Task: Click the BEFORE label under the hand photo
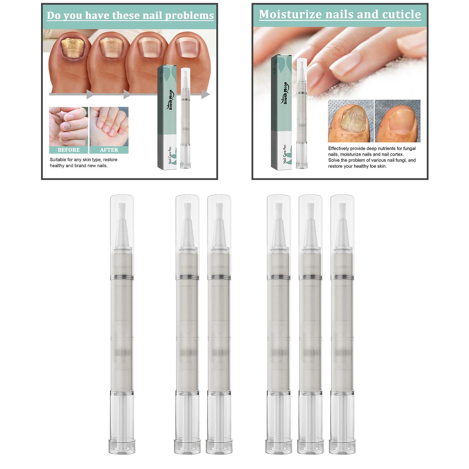[69, 150]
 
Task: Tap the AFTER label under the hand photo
[109, 150]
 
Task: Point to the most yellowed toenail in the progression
[72, 47]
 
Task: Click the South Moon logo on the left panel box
[171, 100]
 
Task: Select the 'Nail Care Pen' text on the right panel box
[285, 154]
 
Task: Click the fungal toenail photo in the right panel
[351, 121]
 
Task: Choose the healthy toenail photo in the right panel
[397, 121]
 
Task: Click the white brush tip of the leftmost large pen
[122, 211]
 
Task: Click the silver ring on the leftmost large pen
[122, 277]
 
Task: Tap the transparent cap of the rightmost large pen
[342, 223]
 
